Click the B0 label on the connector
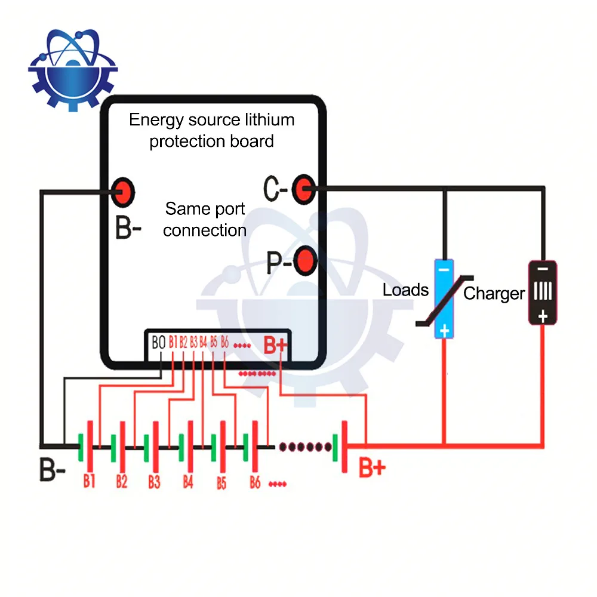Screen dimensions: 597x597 coord(158,343)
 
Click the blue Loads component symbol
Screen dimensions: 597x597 coord(444,298)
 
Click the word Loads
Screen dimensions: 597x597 coord(406,291)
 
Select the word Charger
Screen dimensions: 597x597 coord(494,294)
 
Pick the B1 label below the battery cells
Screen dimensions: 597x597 coord(90,481)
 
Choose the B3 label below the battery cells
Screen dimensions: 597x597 coord(154,481)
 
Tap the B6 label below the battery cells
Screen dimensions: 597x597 coord(255,482)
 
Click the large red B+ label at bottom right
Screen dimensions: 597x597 coord(372,467)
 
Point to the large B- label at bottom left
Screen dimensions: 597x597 coord(53,470)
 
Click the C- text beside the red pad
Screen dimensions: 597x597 coord(276,190)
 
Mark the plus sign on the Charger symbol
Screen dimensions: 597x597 coord(542,317)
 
